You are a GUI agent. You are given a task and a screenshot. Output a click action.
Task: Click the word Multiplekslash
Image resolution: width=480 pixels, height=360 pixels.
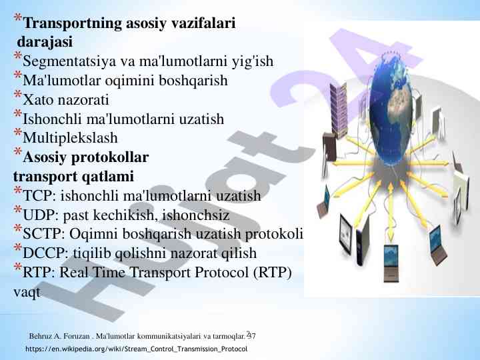(x=70, y=139)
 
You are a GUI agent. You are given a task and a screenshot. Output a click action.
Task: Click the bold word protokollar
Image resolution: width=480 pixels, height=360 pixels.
(x=109, y=158)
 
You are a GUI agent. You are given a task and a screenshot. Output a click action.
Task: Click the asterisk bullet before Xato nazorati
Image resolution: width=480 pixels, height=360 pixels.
(x=18, y=98)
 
